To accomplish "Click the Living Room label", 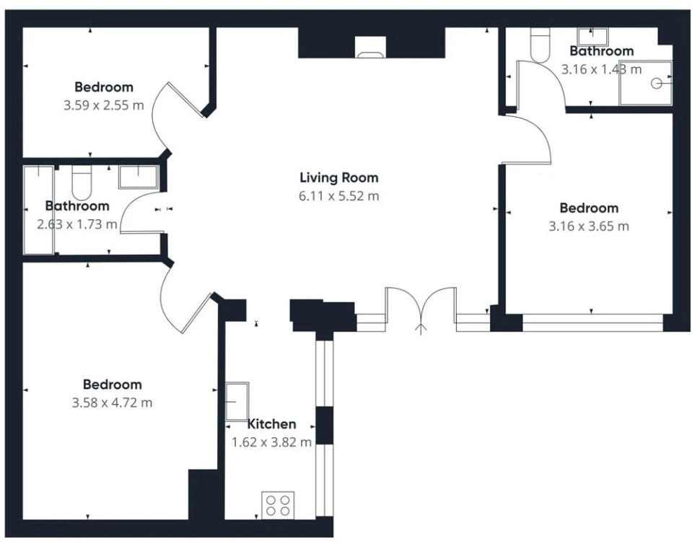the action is click(339, 177).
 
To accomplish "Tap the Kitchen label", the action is click(271, 424).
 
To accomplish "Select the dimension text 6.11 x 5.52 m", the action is click(339, 195).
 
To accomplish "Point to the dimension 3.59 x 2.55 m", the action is click(104, 105).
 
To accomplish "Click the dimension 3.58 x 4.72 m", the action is click(112, 403).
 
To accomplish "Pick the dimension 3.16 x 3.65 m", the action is click(589, 227).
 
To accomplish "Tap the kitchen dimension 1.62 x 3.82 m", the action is click(271, 442).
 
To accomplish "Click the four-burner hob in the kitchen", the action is click(278, 505).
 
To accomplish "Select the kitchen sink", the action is click(237, 401).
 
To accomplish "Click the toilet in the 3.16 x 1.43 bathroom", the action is click(540, 45).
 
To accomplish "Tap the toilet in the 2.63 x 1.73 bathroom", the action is click(82, 183).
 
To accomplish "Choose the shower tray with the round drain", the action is click(646, 84).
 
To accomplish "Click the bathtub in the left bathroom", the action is click(39, 210).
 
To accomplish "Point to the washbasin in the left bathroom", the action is click(138, 177).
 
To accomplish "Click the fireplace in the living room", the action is click(371, 47).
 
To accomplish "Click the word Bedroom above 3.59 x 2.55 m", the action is click(104, 87).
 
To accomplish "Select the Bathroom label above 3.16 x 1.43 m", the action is click(602, 51).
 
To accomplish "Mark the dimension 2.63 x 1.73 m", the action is click(77, 224).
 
